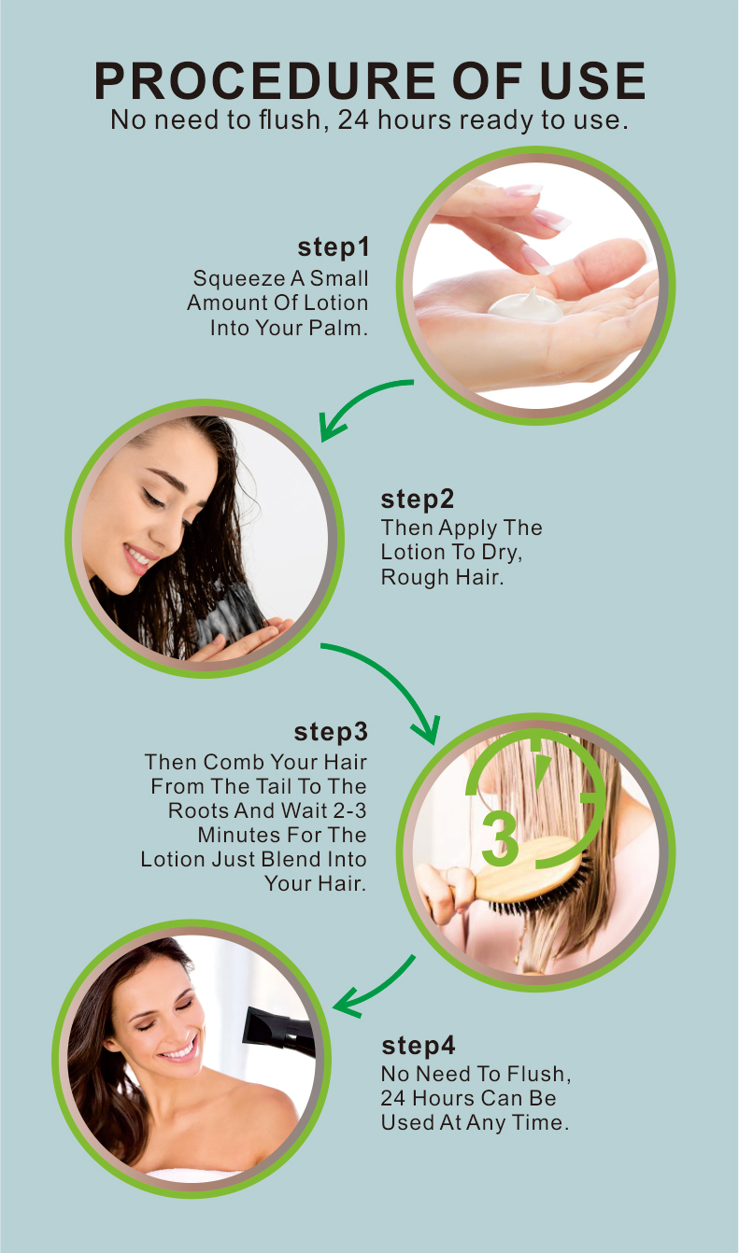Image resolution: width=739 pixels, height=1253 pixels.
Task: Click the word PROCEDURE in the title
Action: pos(264,80)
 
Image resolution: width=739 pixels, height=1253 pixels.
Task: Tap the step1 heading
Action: pos(334,247)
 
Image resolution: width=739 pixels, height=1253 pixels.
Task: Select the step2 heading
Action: pos(417,499)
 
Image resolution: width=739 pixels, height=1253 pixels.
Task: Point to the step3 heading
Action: pos(331,732)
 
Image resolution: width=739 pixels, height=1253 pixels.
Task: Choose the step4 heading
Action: pos(419,1045)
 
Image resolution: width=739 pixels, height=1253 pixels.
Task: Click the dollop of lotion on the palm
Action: pos(526,305)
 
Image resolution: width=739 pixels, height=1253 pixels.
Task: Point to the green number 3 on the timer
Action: pos(499,838)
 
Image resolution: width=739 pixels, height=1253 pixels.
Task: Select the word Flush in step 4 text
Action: pos(538,1074)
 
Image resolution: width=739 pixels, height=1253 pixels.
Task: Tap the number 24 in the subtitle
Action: pos(353,120)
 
